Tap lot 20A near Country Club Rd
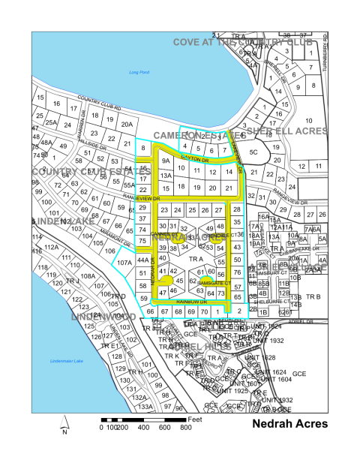click(127, 125)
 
